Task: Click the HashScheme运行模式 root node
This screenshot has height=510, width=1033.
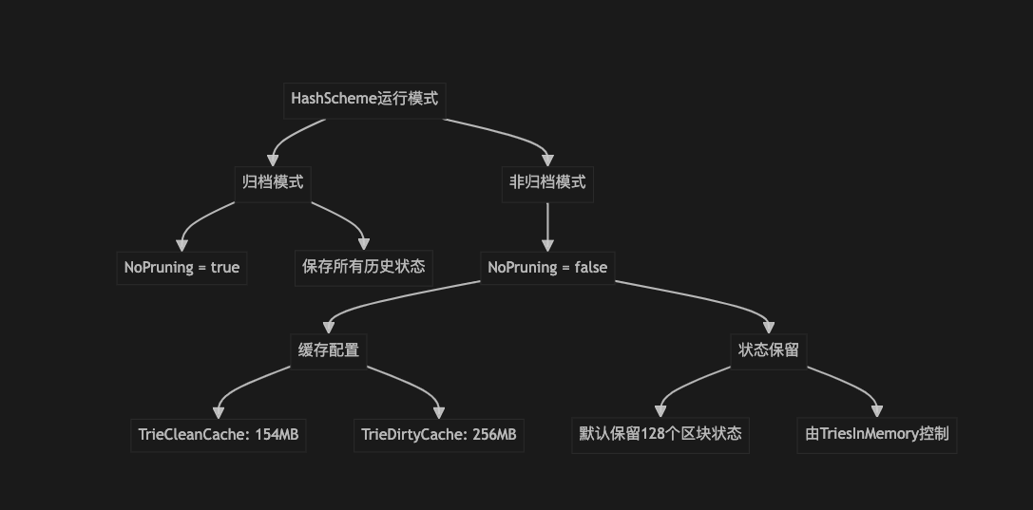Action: click(364, 99)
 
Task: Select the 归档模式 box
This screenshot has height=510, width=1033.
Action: click(273, 182)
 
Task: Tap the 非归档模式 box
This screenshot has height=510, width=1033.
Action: click(547, 182)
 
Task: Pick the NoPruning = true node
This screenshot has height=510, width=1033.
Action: click(182, 267)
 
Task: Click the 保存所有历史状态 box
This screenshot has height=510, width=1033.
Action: click(364, 267)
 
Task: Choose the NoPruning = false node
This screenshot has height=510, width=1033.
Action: click(547, 267)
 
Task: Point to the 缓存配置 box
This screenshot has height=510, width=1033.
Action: click(328, 350)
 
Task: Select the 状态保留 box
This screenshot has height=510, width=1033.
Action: click(768, 350)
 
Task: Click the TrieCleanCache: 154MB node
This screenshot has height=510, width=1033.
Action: click(219, 435)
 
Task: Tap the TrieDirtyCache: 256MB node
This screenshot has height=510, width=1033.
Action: click(439, 435)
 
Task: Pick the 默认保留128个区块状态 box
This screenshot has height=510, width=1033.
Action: click(660, 435)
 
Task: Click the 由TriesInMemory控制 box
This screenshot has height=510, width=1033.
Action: click(877, 435)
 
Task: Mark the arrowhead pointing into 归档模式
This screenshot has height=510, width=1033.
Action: click(274, 160)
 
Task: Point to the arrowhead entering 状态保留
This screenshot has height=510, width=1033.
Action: click(768, 328)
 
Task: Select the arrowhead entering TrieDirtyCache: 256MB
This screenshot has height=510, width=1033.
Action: click(439, 412)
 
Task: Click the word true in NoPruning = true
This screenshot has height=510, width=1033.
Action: click(225, 267)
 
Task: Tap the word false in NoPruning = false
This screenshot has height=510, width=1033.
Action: click(590, 267)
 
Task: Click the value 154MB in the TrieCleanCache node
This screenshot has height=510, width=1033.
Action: click(277, 435)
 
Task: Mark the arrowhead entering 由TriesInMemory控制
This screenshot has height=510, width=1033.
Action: click(877, 412)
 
